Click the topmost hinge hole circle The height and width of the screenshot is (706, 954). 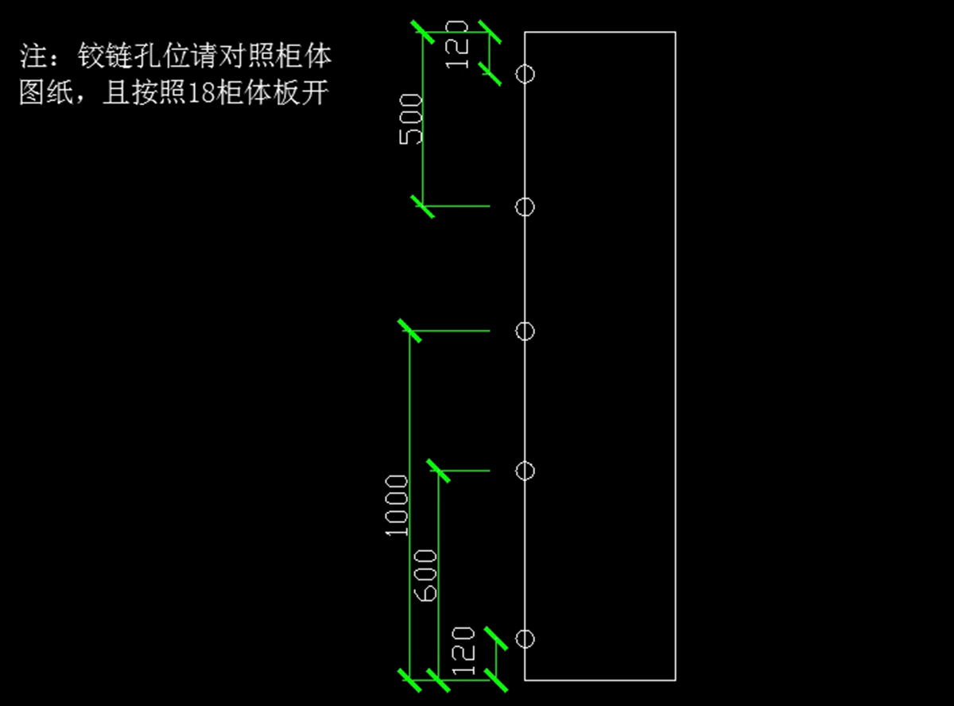(x=525, y=74)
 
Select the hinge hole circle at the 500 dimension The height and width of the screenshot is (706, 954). (x=525, y=207)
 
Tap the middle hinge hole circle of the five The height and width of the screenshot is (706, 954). (x=525, y=331)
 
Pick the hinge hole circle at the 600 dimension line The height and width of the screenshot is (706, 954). (x=525, y=471)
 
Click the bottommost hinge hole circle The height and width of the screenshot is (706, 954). (x=525, y=638)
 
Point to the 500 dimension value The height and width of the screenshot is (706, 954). (x=410, y=118)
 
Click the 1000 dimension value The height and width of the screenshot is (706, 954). (x=396, y=506)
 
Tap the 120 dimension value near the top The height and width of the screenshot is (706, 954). (x=459, y=51)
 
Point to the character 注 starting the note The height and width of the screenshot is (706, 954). (x=32, y=56)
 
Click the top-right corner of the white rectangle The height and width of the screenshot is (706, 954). (x=675, y=33)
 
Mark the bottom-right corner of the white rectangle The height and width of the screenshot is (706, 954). (x=675, y=680)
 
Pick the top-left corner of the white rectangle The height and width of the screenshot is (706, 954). (x=525, y=33)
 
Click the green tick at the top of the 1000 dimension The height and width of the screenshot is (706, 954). (x=409, y=331)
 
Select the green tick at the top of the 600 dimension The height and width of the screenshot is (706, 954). (x=439, y=471)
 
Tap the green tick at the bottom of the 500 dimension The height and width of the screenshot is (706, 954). (x=422, y=206)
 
